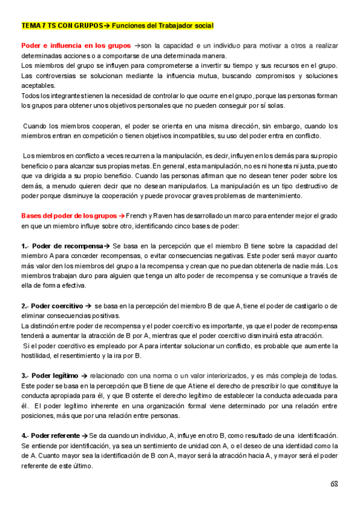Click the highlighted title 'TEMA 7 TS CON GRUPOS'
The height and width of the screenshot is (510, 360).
[61, 26]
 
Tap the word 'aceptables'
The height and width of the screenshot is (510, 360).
[38, 86]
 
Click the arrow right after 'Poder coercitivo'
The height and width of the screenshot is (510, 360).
[87, 306]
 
